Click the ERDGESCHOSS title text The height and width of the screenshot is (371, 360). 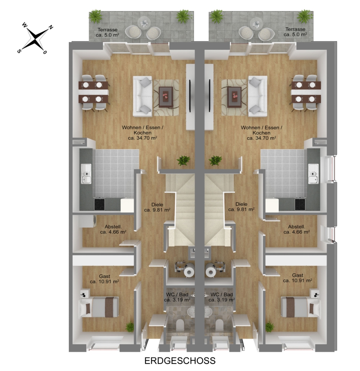[x=180, y=361]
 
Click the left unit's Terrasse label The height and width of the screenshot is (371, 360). [x=108, y=32]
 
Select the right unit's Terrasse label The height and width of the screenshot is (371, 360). [x=295, y=32]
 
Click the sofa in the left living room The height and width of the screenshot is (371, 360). [x=143, y=96]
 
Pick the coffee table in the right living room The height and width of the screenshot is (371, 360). [x=234, y=97]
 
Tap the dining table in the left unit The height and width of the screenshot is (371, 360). [x=94, y=92]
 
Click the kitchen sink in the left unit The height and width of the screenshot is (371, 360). [x=86, y=174]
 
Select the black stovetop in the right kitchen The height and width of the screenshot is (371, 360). [x=300, y=204]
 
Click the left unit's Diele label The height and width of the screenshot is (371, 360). [x=157, y=207]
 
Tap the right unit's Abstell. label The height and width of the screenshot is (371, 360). [x=296, y=229]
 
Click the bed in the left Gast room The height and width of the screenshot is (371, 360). [x=99, y=307]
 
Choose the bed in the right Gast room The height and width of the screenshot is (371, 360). [x=300, y=307]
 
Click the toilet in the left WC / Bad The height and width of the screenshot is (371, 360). [x=180, y=325]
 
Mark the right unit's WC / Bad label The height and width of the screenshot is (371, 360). [x=221, y=297]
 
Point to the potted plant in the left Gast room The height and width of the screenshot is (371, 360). [x=130, y=327]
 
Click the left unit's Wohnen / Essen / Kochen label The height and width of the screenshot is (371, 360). [x=143, y=133]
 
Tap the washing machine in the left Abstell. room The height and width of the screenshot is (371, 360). [x=87, y=221]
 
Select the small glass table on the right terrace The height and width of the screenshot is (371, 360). [x=256, y=22]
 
